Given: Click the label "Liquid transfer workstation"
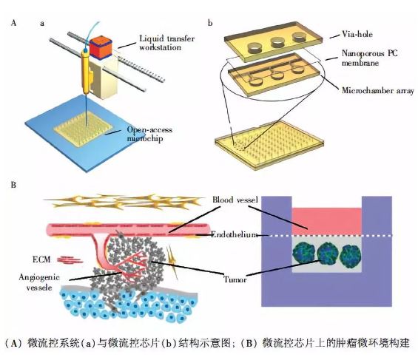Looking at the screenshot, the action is pos(167,43).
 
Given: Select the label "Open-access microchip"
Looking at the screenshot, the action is pos(149,134).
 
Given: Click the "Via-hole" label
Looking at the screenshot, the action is pos(357,34).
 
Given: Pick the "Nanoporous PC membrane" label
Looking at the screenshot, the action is pos(369,58).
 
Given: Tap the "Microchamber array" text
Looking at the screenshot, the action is pos(378,90).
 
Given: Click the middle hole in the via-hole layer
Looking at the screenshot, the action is pos(277,42).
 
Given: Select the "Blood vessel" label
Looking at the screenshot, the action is pos(235,200).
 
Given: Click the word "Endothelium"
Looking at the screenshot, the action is pos(234,234).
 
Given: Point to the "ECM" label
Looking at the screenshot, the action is pos(41,259).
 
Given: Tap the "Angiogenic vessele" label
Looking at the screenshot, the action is pos(39,282).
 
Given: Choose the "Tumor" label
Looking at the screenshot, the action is pos(235,279).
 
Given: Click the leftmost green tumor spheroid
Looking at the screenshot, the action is pos(303,253).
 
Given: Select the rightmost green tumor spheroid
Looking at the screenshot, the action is pos(351,255).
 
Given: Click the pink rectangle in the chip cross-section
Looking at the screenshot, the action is pos(327,222).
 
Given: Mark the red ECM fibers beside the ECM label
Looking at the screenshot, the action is pos(69,259).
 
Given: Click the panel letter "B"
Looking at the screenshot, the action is pos(13,185).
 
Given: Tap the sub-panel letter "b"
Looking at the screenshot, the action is pos(210,23).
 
